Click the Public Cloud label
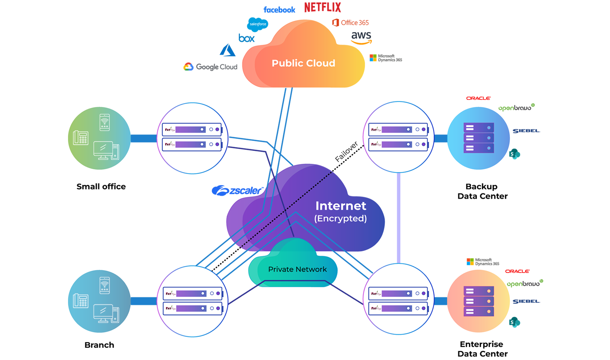[303, 63]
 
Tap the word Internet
[340, 206]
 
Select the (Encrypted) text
[340, 218]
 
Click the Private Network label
[297, 269]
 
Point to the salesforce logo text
[258, 24]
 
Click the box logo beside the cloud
[246, 39]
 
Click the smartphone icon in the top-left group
[105, 122]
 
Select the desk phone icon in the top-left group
[81, 138]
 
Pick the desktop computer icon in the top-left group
[106, 151]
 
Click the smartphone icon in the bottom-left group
[105, 286]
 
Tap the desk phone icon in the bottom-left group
[81, 301]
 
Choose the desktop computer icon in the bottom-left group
[106, 314]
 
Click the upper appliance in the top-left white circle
[192, 129]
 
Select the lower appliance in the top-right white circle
[398, 144]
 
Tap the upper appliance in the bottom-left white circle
[193, 293]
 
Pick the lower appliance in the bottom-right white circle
[398, 308]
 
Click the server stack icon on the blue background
[479, 138]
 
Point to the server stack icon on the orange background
[479, 301]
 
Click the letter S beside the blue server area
[512, 154]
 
